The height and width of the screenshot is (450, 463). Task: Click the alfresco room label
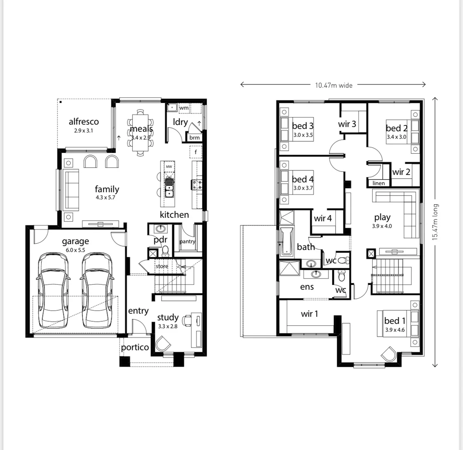coord(84,122)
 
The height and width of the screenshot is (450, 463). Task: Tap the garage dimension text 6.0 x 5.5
coord(75,250)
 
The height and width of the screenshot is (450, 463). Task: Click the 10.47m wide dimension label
coord(334,85)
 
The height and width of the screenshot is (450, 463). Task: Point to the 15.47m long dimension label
coord(435,222)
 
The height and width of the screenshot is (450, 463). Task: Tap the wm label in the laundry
coord(184,108)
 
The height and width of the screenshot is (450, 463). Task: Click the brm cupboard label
coord(194,137)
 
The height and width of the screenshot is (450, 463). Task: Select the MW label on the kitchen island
coord(169,167)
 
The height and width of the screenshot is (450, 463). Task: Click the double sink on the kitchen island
coord(169,186)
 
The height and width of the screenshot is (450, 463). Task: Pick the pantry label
coord(187,242)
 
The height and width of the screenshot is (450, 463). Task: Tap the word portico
coord(135,347)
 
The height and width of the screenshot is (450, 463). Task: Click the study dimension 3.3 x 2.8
coord(167,326)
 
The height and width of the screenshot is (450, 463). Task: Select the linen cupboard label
coord(379,183)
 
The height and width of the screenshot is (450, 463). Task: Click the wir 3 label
coord(347,124)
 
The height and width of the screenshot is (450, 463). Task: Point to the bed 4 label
coord(303,179)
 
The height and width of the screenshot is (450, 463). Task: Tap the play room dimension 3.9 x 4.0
coord(382,226)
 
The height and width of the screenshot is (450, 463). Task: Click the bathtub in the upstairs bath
coord(286,241)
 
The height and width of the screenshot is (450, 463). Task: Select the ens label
coord(307,287)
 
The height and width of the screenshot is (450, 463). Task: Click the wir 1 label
coord(309,314)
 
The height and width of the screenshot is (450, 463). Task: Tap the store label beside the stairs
coord(162,266)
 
